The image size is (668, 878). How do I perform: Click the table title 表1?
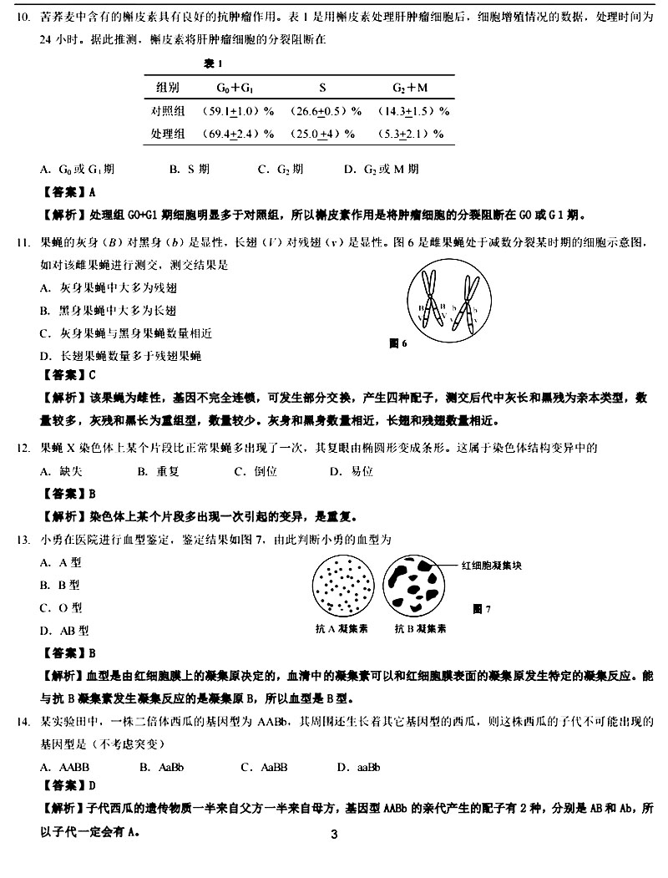(x=213, y=63)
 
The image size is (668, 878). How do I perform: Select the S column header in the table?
(x=322, y=88)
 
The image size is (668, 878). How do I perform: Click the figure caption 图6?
(x=398, y=343)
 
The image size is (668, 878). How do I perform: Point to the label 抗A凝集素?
(x=343, y=627)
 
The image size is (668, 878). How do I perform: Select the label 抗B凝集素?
(x=420, y=627)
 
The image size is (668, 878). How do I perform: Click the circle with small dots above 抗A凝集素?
(x=343, y=586)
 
